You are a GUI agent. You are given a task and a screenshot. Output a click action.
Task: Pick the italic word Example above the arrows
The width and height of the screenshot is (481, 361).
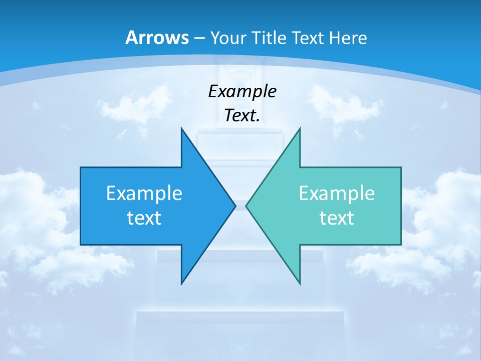(242, 91)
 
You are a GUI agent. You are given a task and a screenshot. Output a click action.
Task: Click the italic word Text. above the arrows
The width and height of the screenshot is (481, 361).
(242, 115)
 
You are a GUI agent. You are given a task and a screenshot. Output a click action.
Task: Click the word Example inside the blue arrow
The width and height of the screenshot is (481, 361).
(144, 193)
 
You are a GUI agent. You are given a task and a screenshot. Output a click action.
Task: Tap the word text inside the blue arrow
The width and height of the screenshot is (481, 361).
(144, 218)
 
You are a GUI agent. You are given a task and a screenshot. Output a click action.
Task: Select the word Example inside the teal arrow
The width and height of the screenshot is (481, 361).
(337, 193)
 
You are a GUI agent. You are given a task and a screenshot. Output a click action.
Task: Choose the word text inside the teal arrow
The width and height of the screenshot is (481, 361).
(337, 218)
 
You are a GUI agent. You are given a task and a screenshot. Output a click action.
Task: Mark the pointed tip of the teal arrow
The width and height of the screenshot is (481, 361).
(247, 206)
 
